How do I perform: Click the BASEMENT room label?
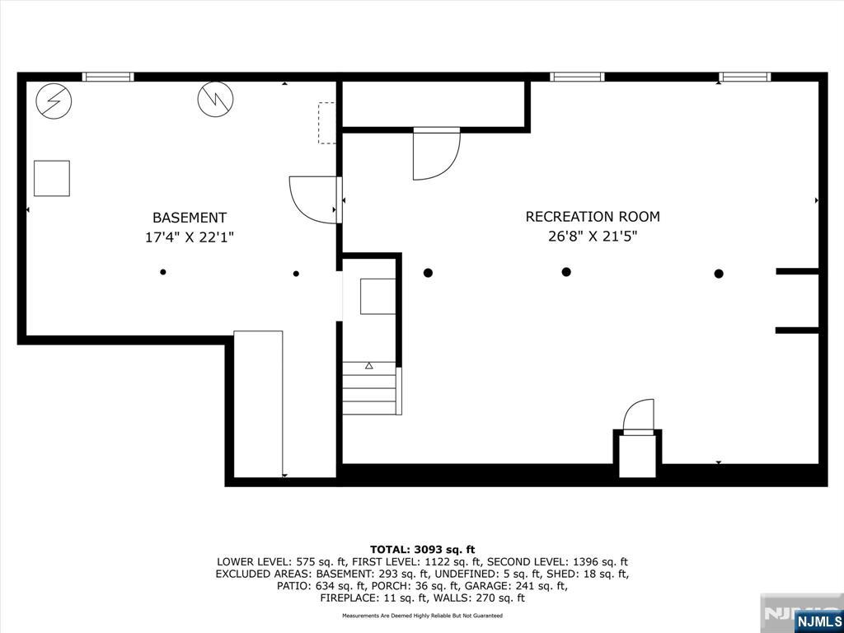point(190,218)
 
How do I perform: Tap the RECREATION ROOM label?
point(593,217)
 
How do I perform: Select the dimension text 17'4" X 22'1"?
point(190,237)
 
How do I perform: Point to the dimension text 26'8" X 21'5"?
point(593,237)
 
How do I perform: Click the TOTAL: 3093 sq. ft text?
point(422,549)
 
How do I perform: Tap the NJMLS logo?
point(818,621)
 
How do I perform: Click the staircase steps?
point(370,389)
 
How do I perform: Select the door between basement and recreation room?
point(316,199)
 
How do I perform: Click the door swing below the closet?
point(435,154)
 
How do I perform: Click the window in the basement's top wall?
point(108,77)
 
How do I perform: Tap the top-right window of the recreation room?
point(744,77)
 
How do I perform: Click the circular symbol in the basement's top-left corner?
point(54,101)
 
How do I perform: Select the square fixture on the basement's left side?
point(51,178)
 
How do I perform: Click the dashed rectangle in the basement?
point(327,123)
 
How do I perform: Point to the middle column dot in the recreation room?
point(566,272)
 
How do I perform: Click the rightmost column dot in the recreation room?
point(719,274)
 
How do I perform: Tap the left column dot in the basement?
point(163,272)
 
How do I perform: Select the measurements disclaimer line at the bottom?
point(422,616)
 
